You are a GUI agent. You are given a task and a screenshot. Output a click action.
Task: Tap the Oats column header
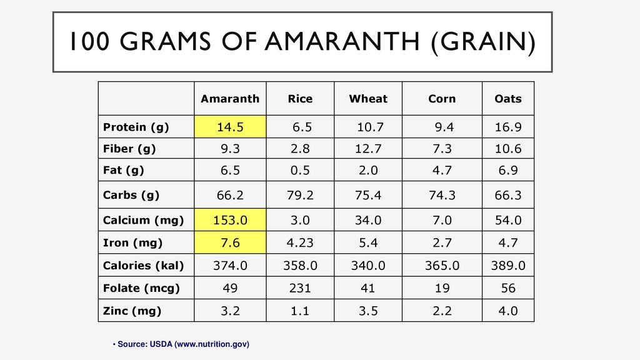tap(507, 99)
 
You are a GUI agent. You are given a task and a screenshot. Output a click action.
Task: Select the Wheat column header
tap(368, 99)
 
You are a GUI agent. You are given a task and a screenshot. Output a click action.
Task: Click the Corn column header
tap(442, 99)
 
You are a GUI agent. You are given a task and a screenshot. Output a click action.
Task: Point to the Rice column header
tap(300, 99)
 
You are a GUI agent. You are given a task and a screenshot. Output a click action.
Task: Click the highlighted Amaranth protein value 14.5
tap(230, 127)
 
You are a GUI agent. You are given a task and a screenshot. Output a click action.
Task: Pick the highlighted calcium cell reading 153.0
tap(230, 220)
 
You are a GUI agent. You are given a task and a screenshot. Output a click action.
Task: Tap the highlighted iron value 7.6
tap(230, 242)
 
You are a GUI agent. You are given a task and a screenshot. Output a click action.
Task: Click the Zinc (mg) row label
tap(132, 311)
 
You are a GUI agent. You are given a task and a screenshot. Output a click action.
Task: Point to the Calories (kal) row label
tap(143, 266)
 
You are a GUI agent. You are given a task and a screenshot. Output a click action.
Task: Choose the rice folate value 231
tap(300, 288)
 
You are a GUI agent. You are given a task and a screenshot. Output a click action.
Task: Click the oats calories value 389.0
tap(507, 266)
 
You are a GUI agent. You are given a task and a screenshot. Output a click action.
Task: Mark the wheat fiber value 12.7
tap(368, 149)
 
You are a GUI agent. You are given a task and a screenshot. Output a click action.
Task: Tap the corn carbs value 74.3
tap(442, 195)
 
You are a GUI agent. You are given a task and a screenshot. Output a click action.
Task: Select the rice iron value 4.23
tap(300, 242)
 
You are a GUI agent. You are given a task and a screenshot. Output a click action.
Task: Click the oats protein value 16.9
tap(507, 127)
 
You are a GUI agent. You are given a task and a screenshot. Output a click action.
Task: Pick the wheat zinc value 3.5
tap(368, 311)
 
